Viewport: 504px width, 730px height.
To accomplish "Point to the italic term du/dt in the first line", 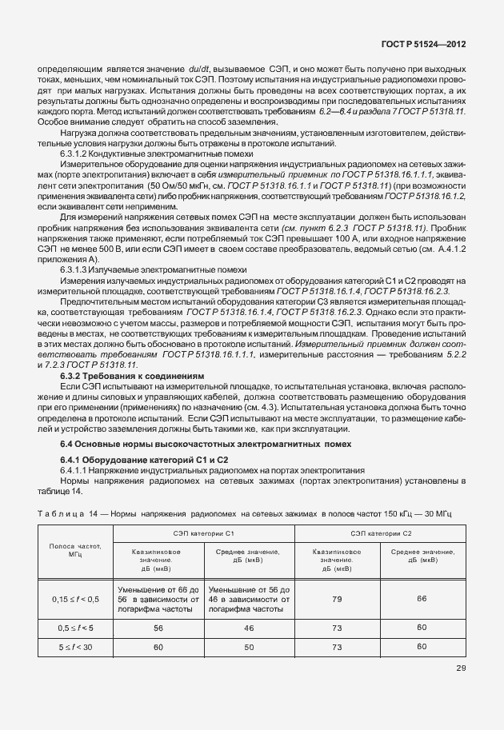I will click(195, 70).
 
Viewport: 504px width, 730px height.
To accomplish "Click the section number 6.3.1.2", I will click(77, 151).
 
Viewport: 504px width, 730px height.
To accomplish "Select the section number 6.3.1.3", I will click(77, 271).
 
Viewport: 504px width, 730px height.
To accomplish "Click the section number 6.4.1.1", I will click(77, 470).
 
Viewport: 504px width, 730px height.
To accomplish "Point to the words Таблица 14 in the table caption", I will click(65, 511).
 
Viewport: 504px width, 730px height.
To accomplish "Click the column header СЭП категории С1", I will click(204, 532).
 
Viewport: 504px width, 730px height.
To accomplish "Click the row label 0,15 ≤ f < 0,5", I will click(76, 599).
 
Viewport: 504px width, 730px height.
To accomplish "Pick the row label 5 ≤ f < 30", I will click(76, 646).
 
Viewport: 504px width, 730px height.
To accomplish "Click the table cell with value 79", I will click(337, 599).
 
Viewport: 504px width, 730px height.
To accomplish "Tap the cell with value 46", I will click(249, 628).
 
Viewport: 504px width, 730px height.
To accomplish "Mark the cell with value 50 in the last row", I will click(249, 646).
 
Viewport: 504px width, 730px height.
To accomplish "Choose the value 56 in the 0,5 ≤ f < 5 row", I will click(158, 628).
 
